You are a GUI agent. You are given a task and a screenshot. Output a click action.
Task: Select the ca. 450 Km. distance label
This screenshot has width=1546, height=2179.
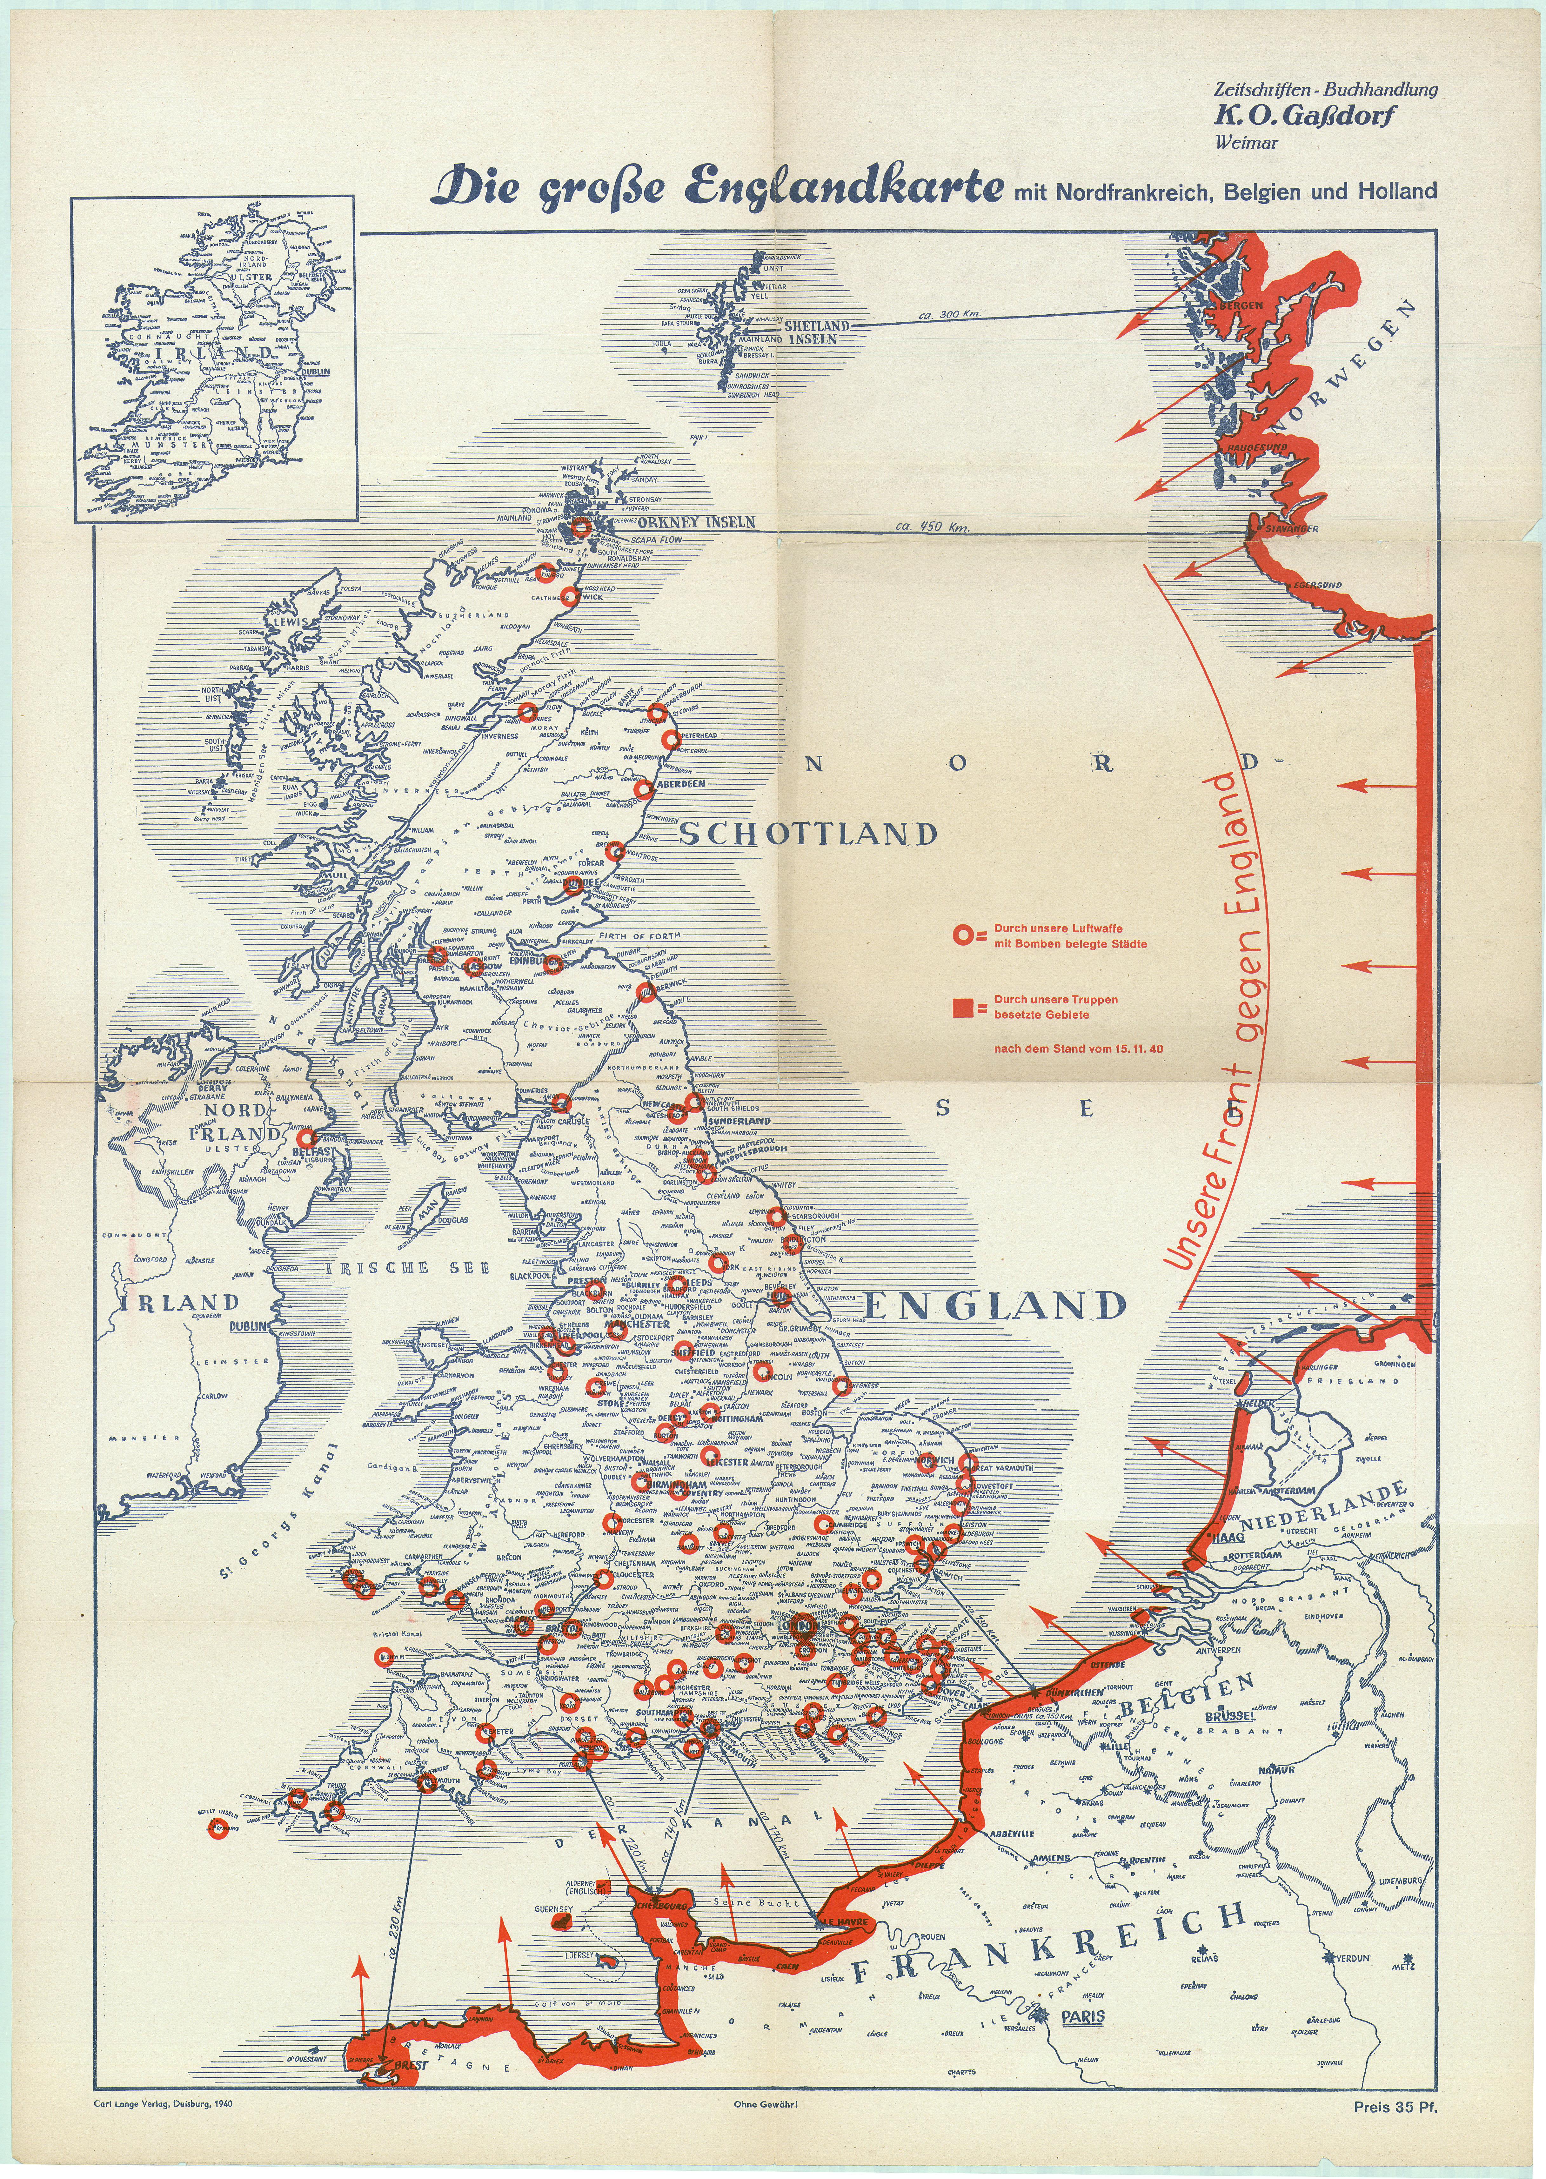coord(933,526)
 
